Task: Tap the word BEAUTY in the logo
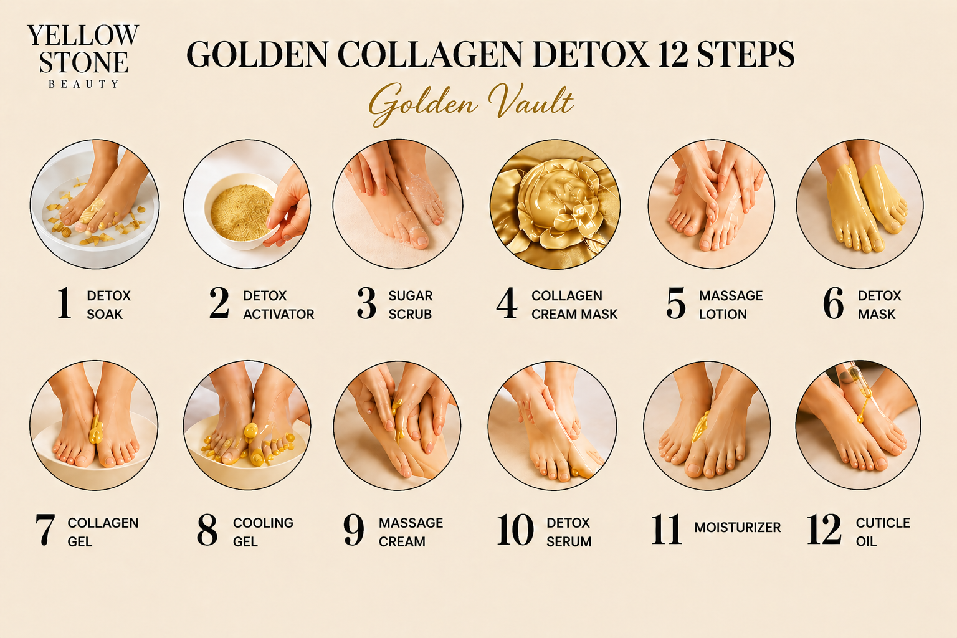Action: [x=83, y=84]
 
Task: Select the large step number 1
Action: [x=64, y=303]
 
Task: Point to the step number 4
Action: [x=507, y=303]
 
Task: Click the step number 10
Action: [x=515, y=530]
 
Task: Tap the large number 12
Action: [x=824, y=530]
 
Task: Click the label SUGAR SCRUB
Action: [x=411, y=305]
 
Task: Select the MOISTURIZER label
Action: [x=738, y=528]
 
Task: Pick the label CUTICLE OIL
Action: [x=883, y=531]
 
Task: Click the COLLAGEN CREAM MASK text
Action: [x=574, y=305]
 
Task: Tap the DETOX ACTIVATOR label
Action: [x=279, y=305]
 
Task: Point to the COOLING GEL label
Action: [x=263, y=531]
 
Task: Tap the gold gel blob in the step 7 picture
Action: [x=95, y=429]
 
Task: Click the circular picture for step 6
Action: [x=860, y=204]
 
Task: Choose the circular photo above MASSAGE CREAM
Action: [x=397, y=426]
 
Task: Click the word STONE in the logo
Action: [x=83, y=62]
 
